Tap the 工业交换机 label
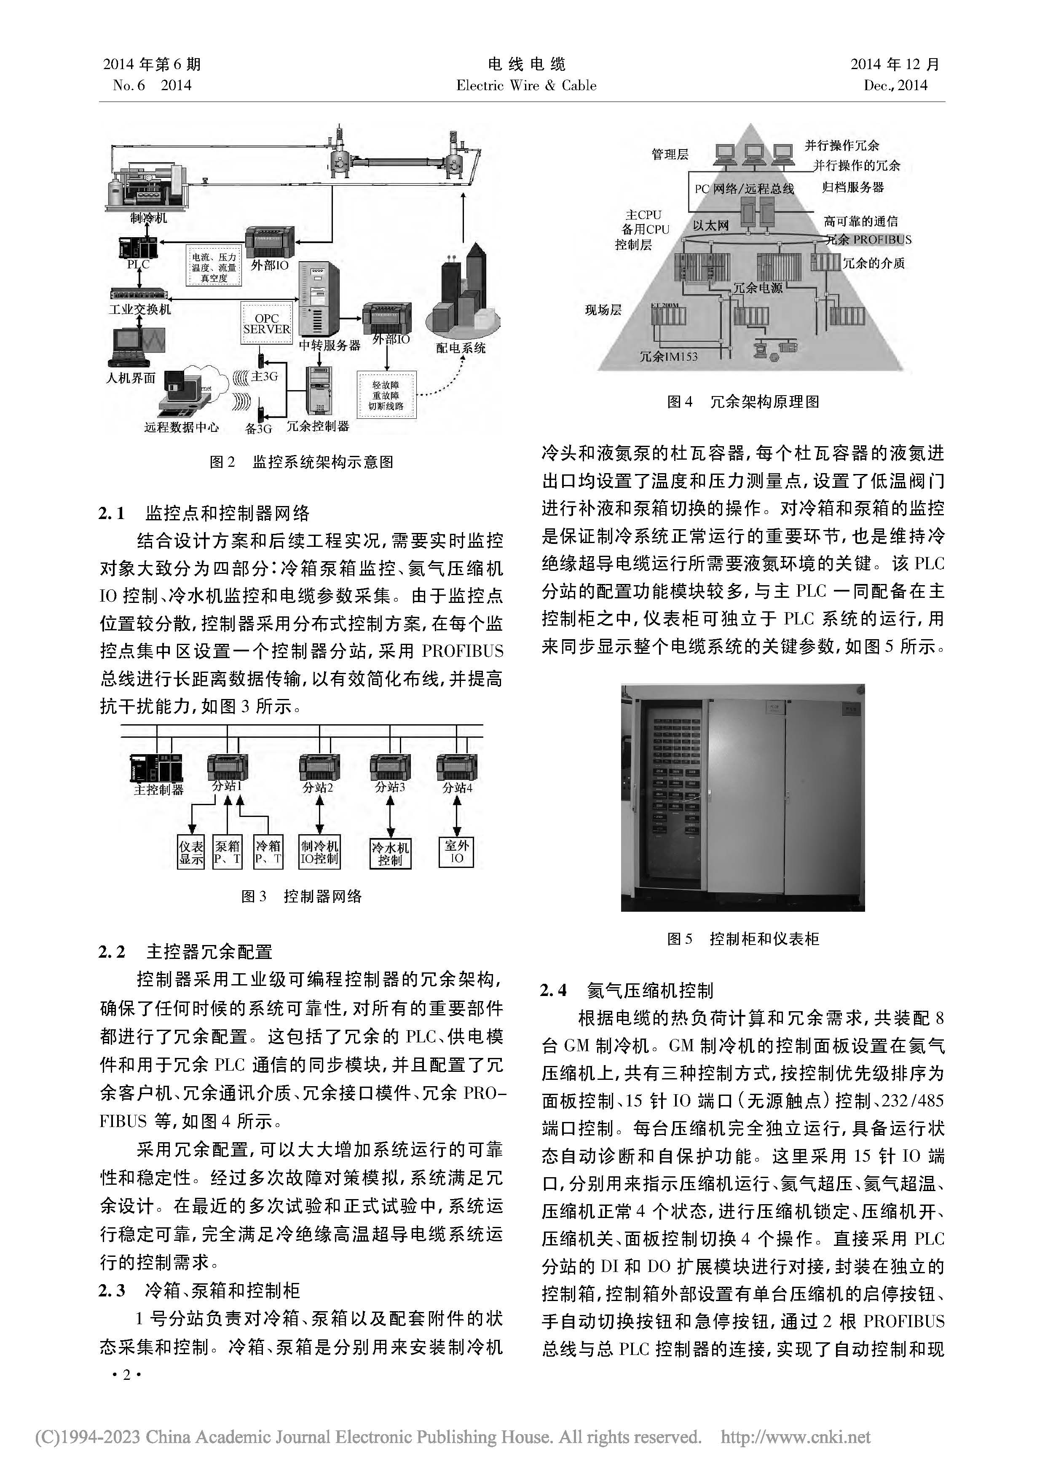[140, 310]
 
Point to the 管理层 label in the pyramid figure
[670, 155]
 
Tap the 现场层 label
[603, 310]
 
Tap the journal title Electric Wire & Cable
[526, 86]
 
